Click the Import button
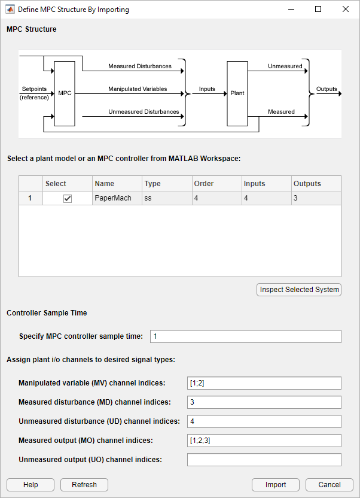(276, 485)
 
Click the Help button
(30, 485)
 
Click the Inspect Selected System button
(299, 290)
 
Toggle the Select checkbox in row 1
(68, 198)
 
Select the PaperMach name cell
(117, 198)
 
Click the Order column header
(216, 184)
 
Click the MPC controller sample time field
(245, 336)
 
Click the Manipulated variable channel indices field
(264, 383)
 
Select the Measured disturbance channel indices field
(264, 402)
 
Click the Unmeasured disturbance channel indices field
(264, 421)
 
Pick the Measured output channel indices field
(264, 441)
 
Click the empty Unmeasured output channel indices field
(264, 460)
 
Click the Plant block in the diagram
(237, 93)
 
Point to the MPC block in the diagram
(65, 93)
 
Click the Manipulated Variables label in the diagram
(138, 89)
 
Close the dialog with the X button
(346, 10)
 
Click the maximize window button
(318, 10)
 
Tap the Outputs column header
(316, 184)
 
